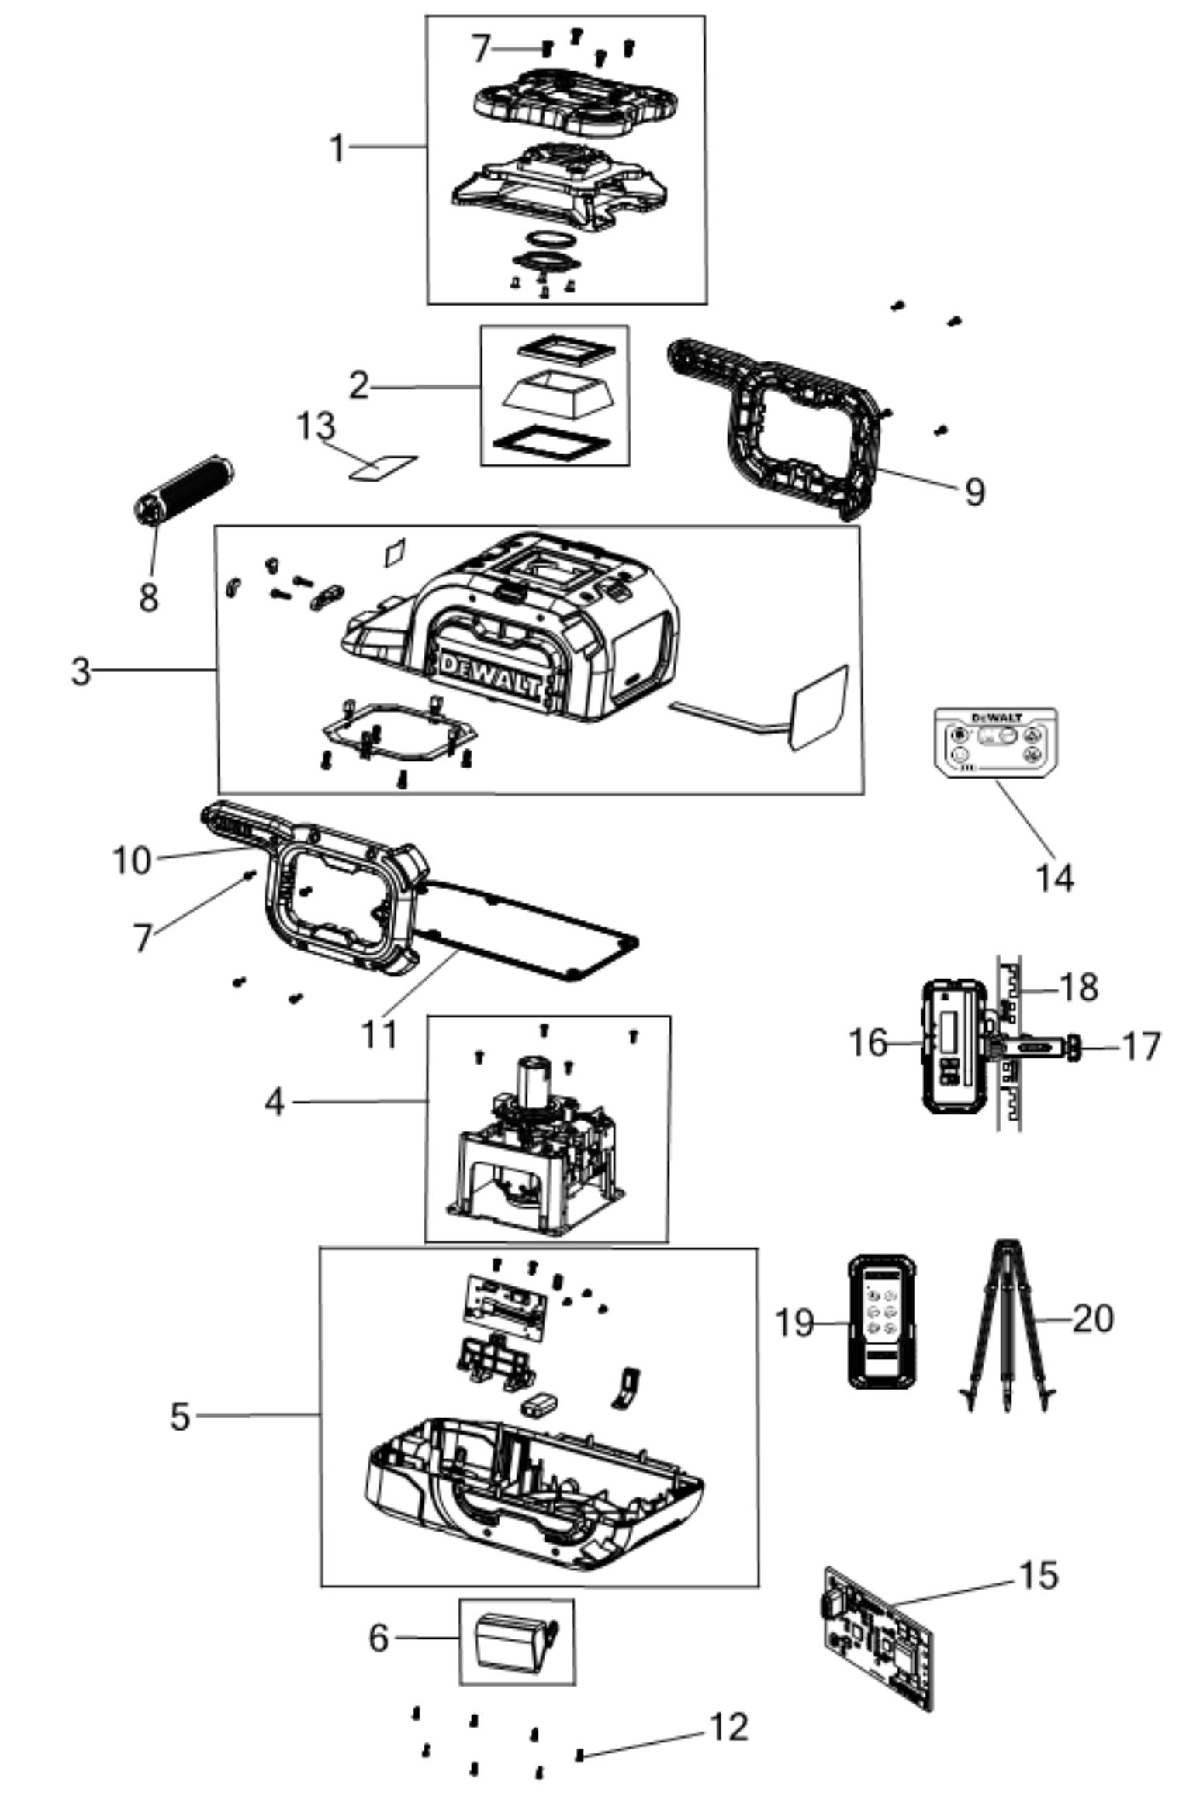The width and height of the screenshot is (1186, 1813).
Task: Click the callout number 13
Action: tap(316, 426)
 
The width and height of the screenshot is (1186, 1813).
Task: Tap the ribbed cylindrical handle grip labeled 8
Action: tap(183, 490)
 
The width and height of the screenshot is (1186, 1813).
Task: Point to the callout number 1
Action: tap(337, 148)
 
